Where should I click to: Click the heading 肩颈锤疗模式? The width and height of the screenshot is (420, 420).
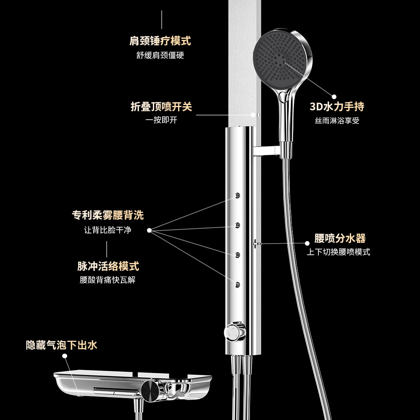click(x=160, y=41)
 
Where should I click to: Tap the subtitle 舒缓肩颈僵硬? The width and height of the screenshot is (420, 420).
click(x=160, y=55)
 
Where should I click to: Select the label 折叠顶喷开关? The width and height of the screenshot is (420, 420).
click(x=161, y=107)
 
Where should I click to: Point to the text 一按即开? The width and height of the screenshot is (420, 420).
click(x=161, y=120)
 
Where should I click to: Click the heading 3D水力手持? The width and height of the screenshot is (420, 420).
click(x=337, y=107)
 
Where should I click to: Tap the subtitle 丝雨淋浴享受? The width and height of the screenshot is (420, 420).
click(x=337, y=121)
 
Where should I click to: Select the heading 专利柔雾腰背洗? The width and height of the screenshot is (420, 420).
click(x=108, y=215)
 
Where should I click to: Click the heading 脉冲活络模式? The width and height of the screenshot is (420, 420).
click(x=108, y=266)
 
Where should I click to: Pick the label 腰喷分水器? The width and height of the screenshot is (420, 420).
click(x=340, y=239)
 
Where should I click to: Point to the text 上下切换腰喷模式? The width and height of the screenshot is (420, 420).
click(x=338, y=252)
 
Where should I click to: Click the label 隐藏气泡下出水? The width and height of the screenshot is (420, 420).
click(x=61, y=345)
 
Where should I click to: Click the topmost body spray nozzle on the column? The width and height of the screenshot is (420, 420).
click(x=237, y=195)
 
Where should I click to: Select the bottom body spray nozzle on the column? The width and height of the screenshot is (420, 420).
click(x=237, y=285)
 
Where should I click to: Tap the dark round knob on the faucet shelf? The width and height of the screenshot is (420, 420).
click(x=150, y=391)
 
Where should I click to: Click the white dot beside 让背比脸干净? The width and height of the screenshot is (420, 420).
click(x=149, y=230)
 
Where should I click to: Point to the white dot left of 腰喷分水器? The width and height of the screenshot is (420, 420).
click(x=307, y=243)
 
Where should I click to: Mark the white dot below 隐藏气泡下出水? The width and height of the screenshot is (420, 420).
click(x=65, y=356)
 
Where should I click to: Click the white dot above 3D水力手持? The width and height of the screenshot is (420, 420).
click(x=334, y=97)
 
